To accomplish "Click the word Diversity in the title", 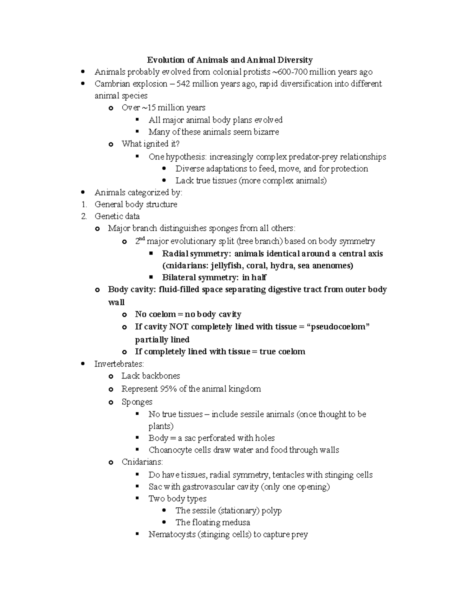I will click(295, 60).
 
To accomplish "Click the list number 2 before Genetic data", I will click(84, 216).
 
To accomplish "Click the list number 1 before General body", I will click(84, 204).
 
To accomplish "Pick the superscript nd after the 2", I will click(142, 239).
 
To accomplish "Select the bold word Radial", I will click(175, 254).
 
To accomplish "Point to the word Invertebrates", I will click(119, 364).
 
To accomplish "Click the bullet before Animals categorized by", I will click(83, 192).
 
